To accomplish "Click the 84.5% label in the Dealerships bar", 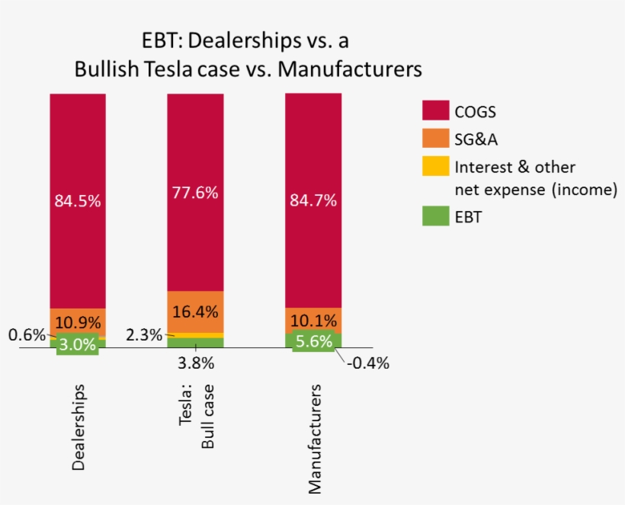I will (x=78, y=201).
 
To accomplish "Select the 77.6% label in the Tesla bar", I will (x=195, y=193).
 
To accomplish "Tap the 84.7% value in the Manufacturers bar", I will (x=313, y=201).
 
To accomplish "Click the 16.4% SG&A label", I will (x=195, y=312).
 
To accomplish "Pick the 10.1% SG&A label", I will (x=313, y=320).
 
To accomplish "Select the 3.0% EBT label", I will (x=78, y=344).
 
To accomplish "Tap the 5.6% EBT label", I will (x=313, y=343).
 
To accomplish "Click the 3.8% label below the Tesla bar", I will (x=195, y=363).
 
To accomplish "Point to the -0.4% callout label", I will (x=367, y=363).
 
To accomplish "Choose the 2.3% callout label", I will (x=144, y=333).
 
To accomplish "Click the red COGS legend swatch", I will (x=434, y=111).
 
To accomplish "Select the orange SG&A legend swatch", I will (x=434, y=138).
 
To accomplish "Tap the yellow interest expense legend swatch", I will (x=434, y=166).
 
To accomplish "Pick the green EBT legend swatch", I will (x=434, y=216).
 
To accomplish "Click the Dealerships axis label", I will (x=78, y=427).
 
